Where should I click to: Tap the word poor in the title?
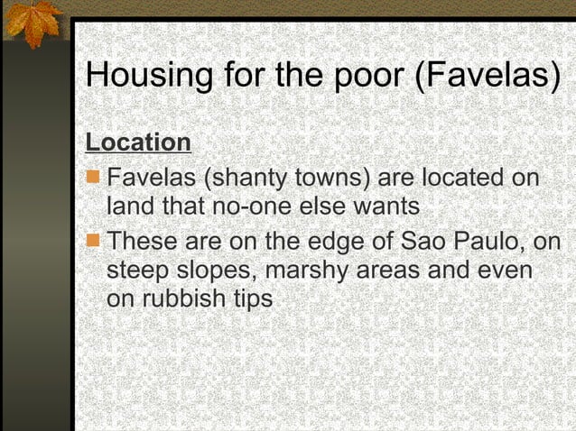(361, 75)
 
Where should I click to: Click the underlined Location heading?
(138, 142)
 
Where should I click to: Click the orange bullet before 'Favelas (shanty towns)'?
(93, 176)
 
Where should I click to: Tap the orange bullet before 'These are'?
(93, 241)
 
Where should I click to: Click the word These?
(143, 242)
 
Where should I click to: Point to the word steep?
(135, 271)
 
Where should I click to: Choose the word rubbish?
(186, 298)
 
